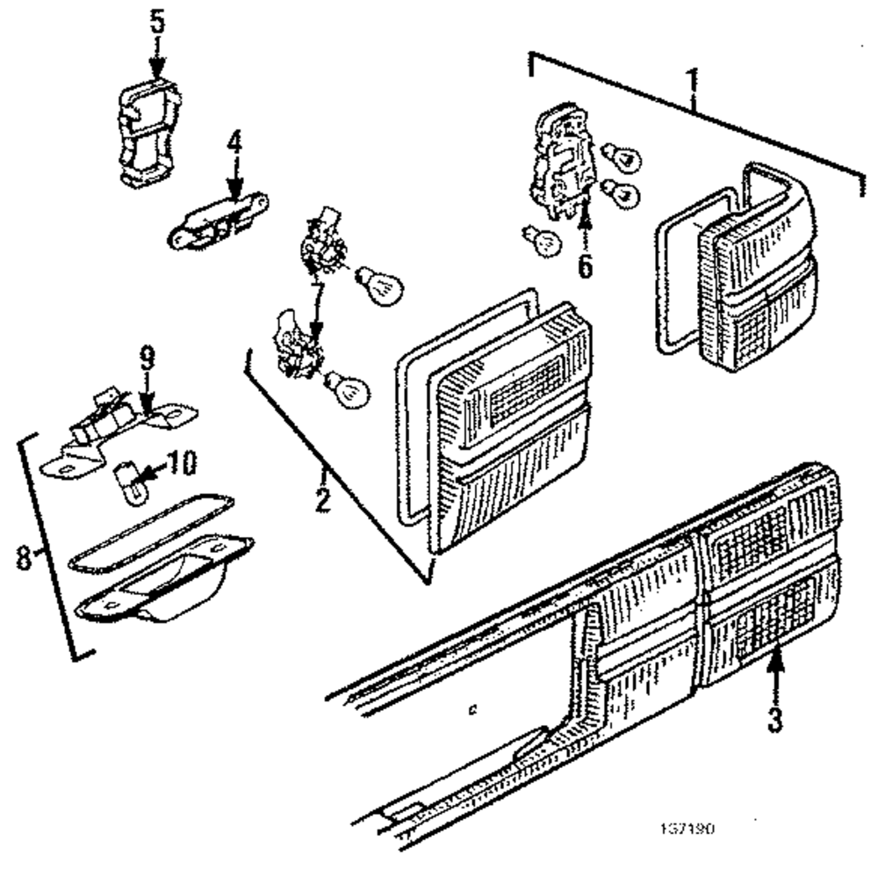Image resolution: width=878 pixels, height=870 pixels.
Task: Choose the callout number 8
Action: coord(25,557)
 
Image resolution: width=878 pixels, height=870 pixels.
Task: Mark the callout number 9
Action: coord(147,357)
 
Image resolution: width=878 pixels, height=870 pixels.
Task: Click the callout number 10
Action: coord(183,461)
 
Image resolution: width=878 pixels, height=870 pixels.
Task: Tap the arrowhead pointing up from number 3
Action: coord(775,656)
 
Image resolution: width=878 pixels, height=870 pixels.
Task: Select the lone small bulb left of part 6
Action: coord(543,239)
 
